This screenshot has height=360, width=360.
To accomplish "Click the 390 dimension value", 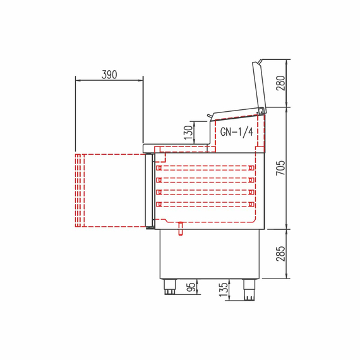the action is (x=109, y=75).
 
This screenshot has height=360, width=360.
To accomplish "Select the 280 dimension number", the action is (x=280, y=83).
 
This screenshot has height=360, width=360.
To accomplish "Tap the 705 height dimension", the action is (x=280, y=168).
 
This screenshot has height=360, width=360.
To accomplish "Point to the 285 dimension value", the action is (x=280, y=254).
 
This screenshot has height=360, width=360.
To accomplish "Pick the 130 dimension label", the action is (x=188, y=133).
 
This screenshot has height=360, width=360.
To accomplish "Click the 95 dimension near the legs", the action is (x=191, y=287).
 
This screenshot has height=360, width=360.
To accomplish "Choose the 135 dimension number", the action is (x=224, y=289).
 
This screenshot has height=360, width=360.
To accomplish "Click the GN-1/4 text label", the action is (x=237, y=132).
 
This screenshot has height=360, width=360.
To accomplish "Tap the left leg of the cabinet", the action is (x=170, y=287).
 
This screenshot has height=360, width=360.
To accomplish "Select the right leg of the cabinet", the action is (x=249, y=289).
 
